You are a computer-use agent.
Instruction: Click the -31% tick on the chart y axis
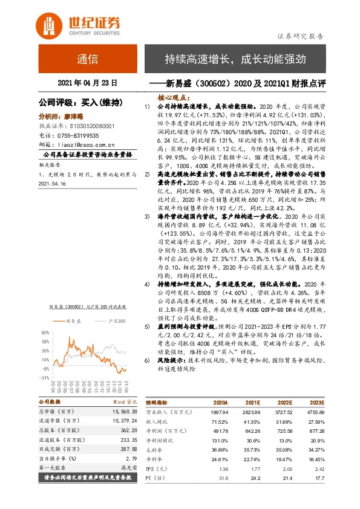(44, 377)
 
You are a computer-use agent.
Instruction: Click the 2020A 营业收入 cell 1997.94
(217, 410)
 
